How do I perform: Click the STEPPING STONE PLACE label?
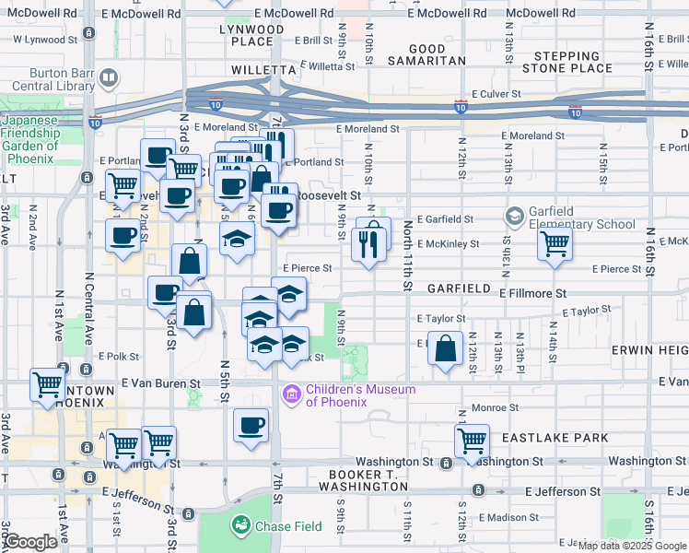(566, 62)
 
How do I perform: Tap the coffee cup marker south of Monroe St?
(251, 426)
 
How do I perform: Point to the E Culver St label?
(496, 94)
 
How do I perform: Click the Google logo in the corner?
(29, 542)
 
